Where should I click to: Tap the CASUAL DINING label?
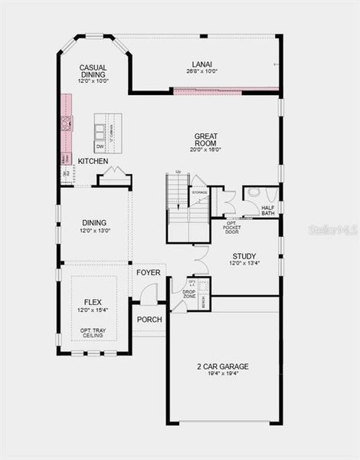pyautogui.click(x=93, y=72)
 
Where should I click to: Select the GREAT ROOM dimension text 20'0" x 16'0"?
pyautogui.click(x=205, y=150)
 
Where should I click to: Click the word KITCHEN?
pyautogui.click(x=93, y=161)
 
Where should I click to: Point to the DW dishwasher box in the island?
pyautogui.click(x=100, y=146)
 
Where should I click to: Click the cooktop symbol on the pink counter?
pyautogui.click(x=66, y=123)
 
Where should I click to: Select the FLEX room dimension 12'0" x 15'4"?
pyautogui.click(x=93, y=310)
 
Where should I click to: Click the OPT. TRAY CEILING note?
pyautogui.click(x=93, y=333)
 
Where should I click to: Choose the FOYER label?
pyautogui.click(x=148, y=272)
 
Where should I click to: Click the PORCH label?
pyautogui.click(x=148, y=320)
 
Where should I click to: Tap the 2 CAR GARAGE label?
pyautogui.click(x=222, y=366)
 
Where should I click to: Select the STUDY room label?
pyautogui.click(x=244, y=256)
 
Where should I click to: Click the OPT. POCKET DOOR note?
pyautogui.click(x=232, y=228)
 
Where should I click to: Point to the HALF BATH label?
pyautogui.click(x=268, y=211)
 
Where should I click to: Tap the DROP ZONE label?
pyautogui.click(x=189, y=294)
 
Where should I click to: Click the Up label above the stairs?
pyautogui.click(x=178, y=172)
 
